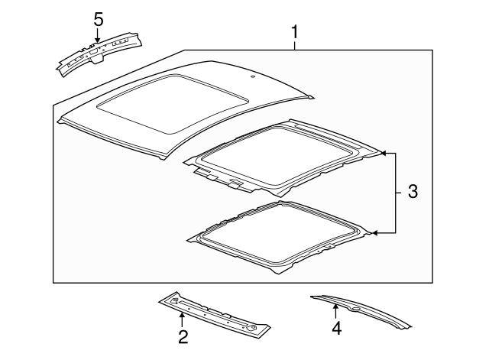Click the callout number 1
(294, 33)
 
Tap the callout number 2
(183, 336)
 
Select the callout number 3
(412, 193)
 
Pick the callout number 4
(336, 330)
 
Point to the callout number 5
(98, 18)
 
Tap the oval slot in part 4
(356, 308)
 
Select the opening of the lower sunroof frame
(283, 230)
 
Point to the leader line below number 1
(294, 46)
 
